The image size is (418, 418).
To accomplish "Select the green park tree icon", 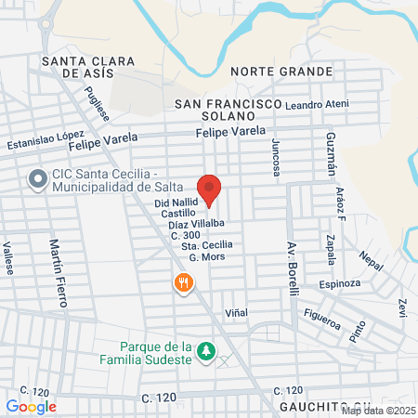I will (209, 352).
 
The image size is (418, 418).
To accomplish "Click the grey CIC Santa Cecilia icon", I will (38, 179).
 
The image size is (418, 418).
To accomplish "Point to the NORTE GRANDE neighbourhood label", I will (281, 72).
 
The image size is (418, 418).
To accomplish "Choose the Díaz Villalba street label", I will (196, 224).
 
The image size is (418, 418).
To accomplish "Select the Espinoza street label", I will (339, 282).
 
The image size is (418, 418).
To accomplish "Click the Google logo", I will (31, 406).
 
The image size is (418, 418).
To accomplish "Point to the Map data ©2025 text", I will (377, 411).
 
